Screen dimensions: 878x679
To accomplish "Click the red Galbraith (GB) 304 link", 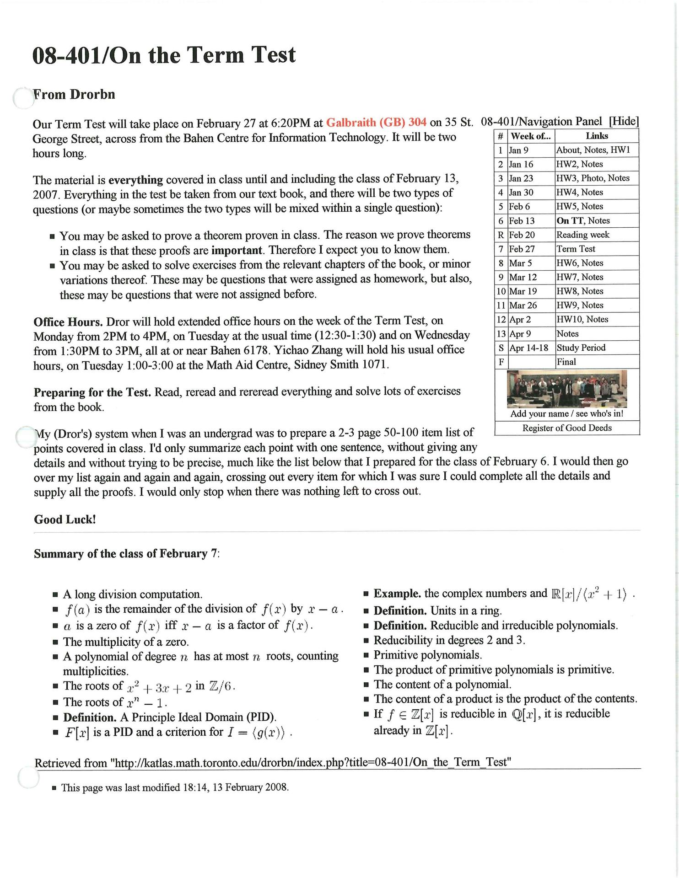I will (376, 123).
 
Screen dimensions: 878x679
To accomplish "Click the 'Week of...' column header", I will (531, 136).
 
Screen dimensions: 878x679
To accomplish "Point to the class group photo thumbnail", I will (566, 389).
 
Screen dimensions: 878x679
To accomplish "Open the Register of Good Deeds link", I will (567, 428).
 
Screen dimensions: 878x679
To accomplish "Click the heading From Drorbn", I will (74, 95).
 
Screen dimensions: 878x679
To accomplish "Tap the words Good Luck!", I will (65, 519).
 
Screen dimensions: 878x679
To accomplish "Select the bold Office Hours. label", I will (68, 321).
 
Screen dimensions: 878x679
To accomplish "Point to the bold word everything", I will (135, 179).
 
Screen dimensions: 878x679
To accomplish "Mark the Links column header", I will (597, 136).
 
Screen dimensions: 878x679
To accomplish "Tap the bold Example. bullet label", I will (397, 594).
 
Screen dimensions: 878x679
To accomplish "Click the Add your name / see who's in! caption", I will (567, 414).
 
